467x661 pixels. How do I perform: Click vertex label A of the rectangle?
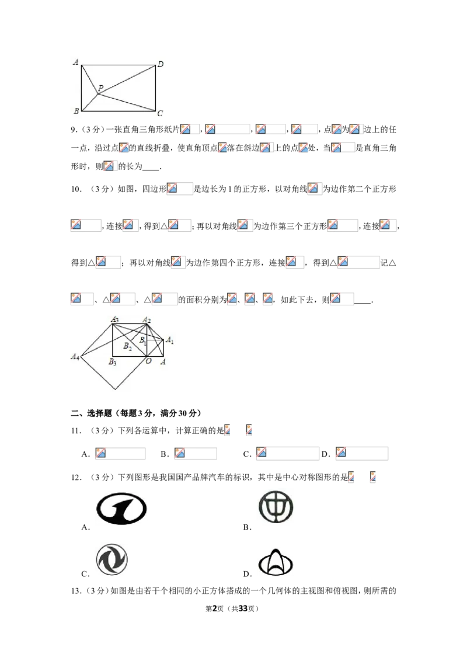coord(75,62)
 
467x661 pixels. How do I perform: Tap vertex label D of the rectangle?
coord(161,64)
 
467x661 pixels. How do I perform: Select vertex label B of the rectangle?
coord(76,111)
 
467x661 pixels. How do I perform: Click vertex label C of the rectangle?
coord(160,113)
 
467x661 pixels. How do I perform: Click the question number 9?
coord(74,130)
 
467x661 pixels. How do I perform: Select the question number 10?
coord(76,189)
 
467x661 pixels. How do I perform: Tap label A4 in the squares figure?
coord(75,357)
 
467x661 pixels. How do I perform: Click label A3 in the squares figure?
coord(114,319)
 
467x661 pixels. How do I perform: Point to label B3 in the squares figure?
coord(113,361)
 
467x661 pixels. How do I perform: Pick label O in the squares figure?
coord(148,361)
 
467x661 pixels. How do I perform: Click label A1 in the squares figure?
coord(169,340)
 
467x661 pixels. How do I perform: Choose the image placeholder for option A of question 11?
coord(120,453)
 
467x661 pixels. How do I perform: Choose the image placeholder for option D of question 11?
coord(361,453)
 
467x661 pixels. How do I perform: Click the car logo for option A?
coord(121,509)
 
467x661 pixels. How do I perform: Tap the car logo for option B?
coord(276,507)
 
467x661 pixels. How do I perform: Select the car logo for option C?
coord(111,559)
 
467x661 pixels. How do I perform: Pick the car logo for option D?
coord(275,563)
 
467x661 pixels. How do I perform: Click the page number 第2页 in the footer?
coord(214,608)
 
